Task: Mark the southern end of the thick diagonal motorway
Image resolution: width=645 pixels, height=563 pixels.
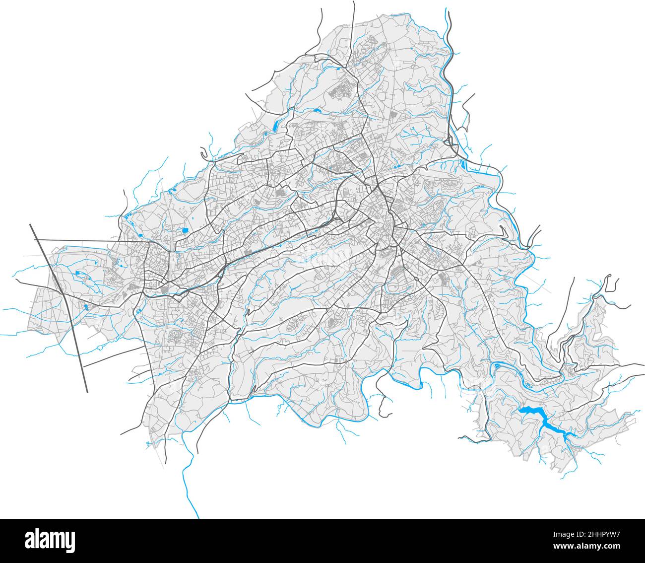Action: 87,392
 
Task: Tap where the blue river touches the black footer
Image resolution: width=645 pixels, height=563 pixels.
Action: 198,517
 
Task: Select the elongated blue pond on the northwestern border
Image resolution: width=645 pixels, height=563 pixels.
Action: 274,125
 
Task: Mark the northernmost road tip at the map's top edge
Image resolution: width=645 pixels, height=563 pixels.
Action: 354,2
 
